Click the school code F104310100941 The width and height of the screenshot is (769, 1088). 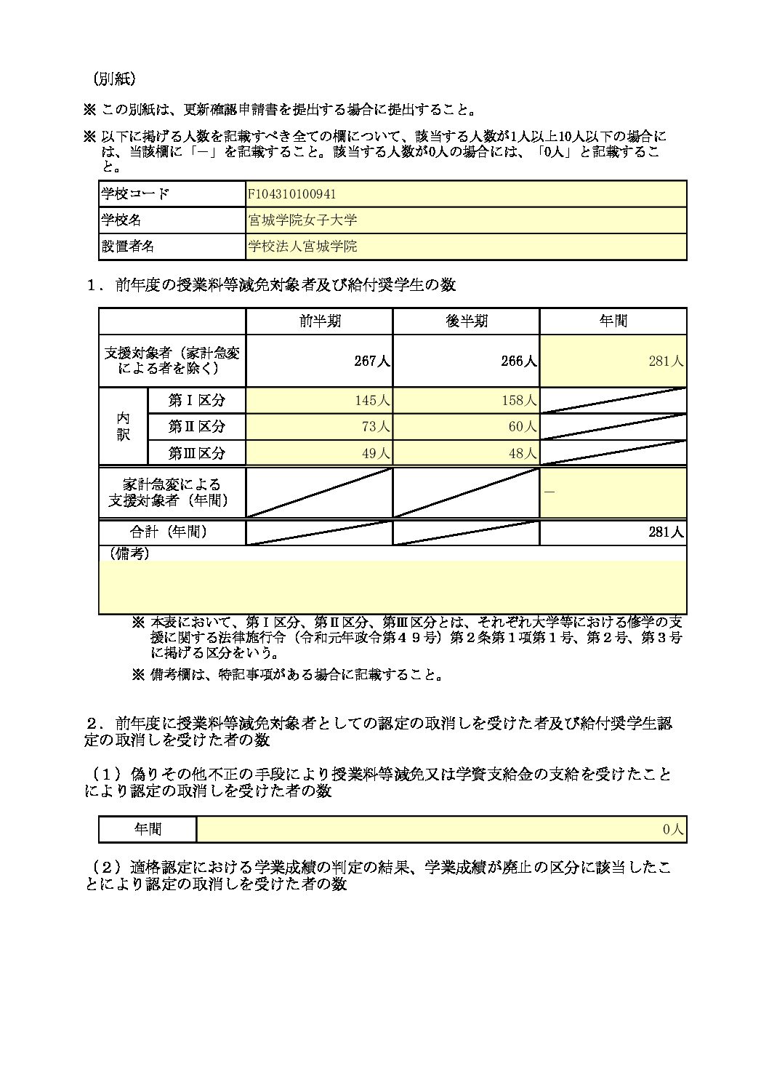pos(292,194)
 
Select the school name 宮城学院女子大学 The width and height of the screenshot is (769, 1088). pos(302,220)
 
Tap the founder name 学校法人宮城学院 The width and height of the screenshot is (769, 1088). pos(302,247)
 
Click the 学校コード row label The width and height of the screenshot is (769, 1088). pos(135,194)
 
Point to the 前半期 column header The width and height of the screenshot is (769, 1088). pos(320,321)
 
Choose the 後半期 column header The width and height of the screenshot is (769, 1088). pos(467,321)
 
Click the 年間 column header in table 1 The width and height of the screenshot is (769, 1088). pos(613,321)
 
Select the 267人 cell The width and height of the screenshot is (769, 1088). pos(372,361)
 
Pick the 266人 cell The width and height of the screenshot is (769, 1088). pos(519,361)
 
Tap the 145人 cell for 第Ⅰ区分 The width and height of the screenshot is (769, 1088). pos(372,401)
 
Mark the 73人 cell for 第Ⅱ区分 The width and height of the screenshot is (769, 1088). pos(376,427)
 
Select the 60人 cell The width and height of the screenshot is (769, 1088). pos(522,427)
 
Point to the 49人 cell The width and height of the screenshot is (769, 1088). pos(376,453)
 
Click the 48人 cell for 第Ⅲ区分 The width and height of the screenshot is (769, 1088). pos(522,453)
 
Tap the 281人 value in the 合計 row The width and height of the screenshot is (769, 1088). pos(666,532)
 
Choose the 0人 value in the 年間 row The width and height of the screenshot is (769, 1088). pos(673,829)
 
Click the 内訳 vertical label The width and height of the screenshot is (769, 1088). pos(123,426)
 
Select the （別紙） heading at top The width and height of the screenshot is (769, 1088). pos(113,79)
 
